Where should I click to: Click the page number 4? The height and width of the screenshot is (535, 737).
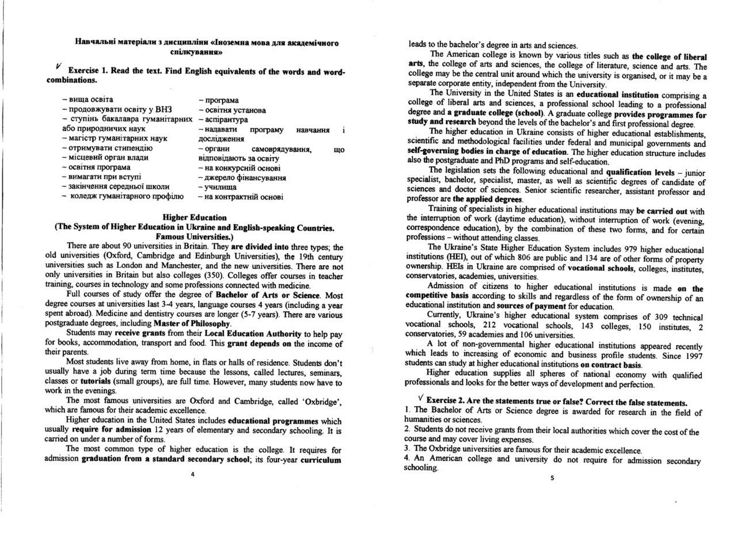pos(193,474)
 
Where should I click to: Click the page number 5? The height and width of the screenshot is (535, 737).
pos(552,477)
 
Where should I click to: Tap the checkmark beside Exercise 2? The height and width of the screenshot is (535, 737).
pos(421,398)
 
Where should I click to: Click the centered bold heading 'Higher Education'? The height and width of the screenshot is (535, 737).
pos(195,217)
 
